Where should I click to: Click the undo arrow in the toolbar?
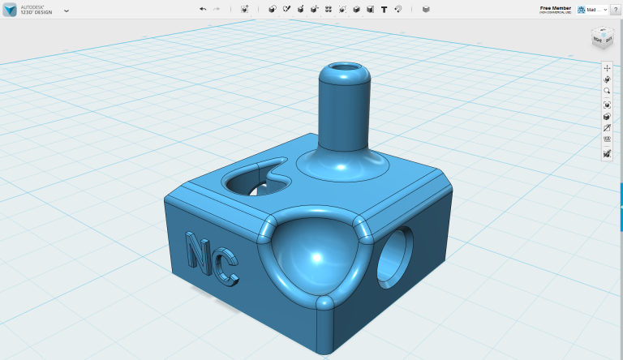[203, 9]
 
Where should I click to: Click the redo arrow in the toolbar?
[216, 9]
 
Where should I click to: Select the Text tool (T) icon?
[384, 9]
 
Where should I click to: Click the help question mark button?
[616, 9]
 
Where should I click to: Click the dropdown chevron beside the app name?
[66, 11]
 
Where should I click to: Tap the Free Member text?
[556, 7]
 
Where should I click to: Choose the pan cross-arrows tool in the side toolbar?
[607, 68]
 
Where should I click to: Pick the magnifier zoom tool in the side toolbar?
[607, 92]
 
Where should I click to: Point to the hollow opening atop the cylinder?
[343, 66]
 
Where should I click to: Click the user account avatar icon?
[581, 9]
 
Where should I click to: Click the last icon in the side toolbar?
[607, 153]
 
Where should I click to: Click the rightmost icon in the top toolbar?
[427, 9]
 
